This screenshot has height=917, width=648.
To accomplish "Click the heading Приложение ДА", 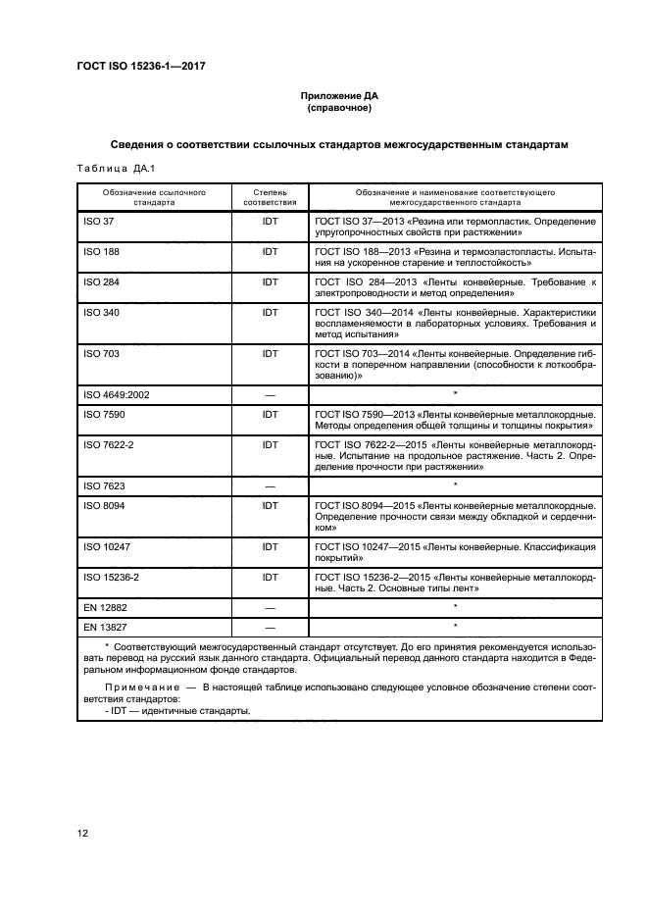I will [x=337, y=96].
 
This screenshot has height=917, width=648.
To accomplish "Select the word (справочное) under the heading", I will [x=337, y=109].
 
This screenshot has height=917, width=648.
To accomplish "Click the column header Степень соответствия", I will [x=270, y=198].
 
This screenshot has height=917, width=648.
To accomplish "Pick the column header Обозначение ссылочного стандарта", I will [x=155, y=198].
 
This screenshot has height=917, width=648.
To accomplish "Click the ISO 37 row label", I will [x=100, y=222].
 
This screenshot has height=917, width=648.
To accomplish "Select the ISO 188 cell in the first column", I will [x=103, y=252].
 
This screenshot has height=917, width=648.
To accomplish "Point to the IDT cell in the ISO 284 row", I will [x=270, y=281].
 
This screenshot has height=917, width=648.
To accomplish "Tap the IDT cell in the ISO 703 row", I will [x=270, y=353].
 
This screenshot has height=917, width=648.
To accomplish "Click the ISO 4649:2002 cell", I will [x=117, y=394].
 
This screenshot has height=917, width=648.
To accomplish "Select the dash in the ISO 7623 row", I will [x=270, y=485].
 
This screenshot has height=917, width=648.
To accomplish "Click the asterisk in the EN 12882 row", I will [x=455, y=607].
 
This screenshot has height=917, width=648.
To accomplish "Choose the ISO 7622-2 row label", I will [x=110, y=444].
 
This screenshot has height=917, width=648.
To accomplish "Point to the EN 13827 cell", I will [x=106, y=626].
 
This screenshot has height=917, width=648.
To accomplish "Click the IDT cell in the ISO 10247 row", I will [x=270, y=546].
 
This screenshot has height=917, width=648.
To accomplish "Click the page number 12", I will [x=83, y=833].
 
